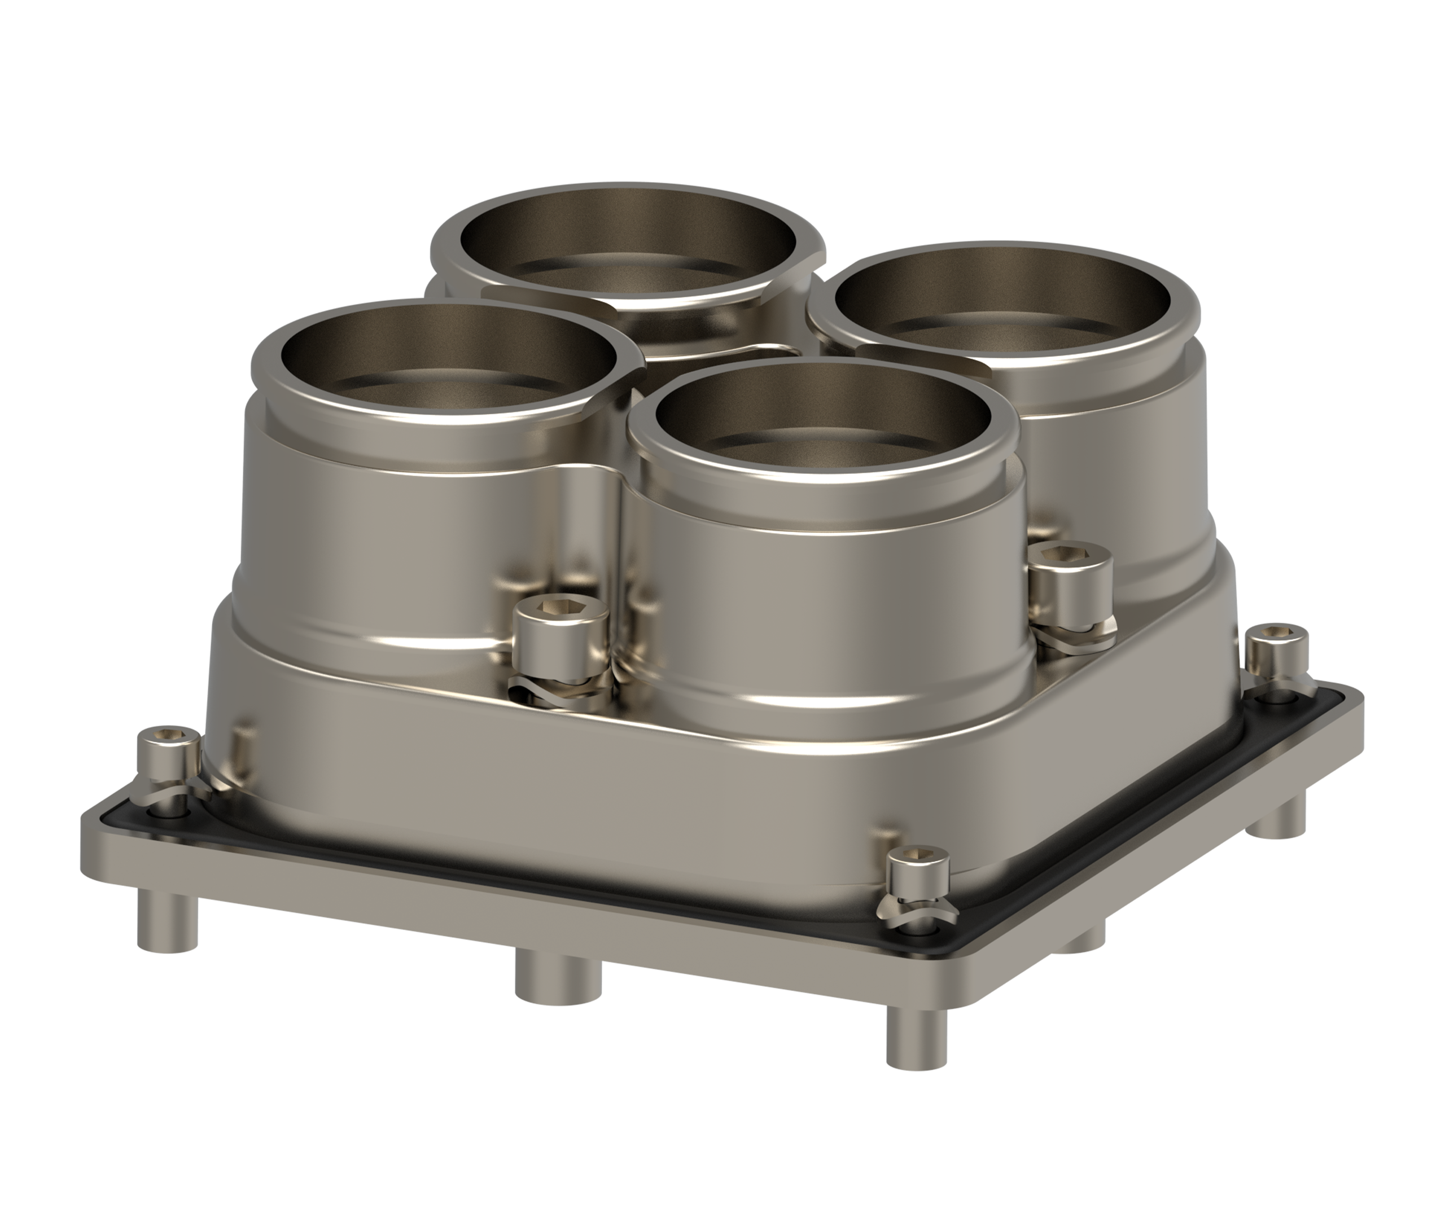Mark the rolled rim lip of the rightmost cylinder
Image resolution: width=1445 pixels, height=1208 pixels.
tap(1190, 323)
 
